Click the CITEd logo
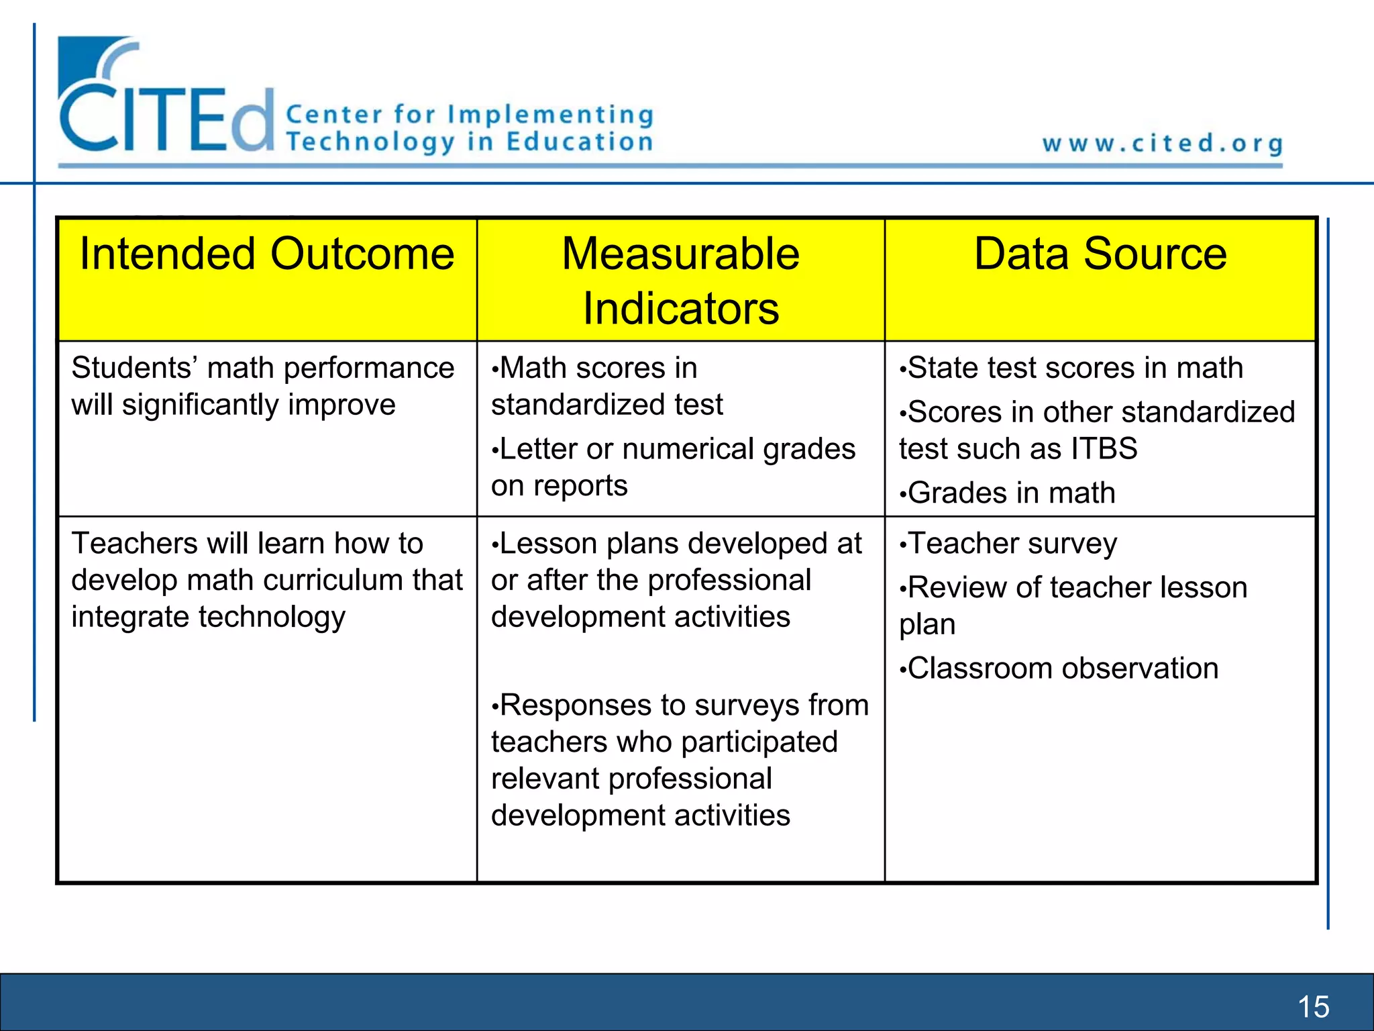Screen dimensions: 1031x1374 pos(166,101)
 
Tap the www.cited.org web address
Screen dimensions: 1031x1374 pos(1163,144)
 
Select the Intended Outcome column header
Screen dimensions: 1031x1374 pos(267,254)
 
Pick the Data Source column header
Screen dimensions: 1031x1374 pos(1100,254)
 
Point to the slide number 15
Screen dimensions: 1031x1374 pos(1313,1007)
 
